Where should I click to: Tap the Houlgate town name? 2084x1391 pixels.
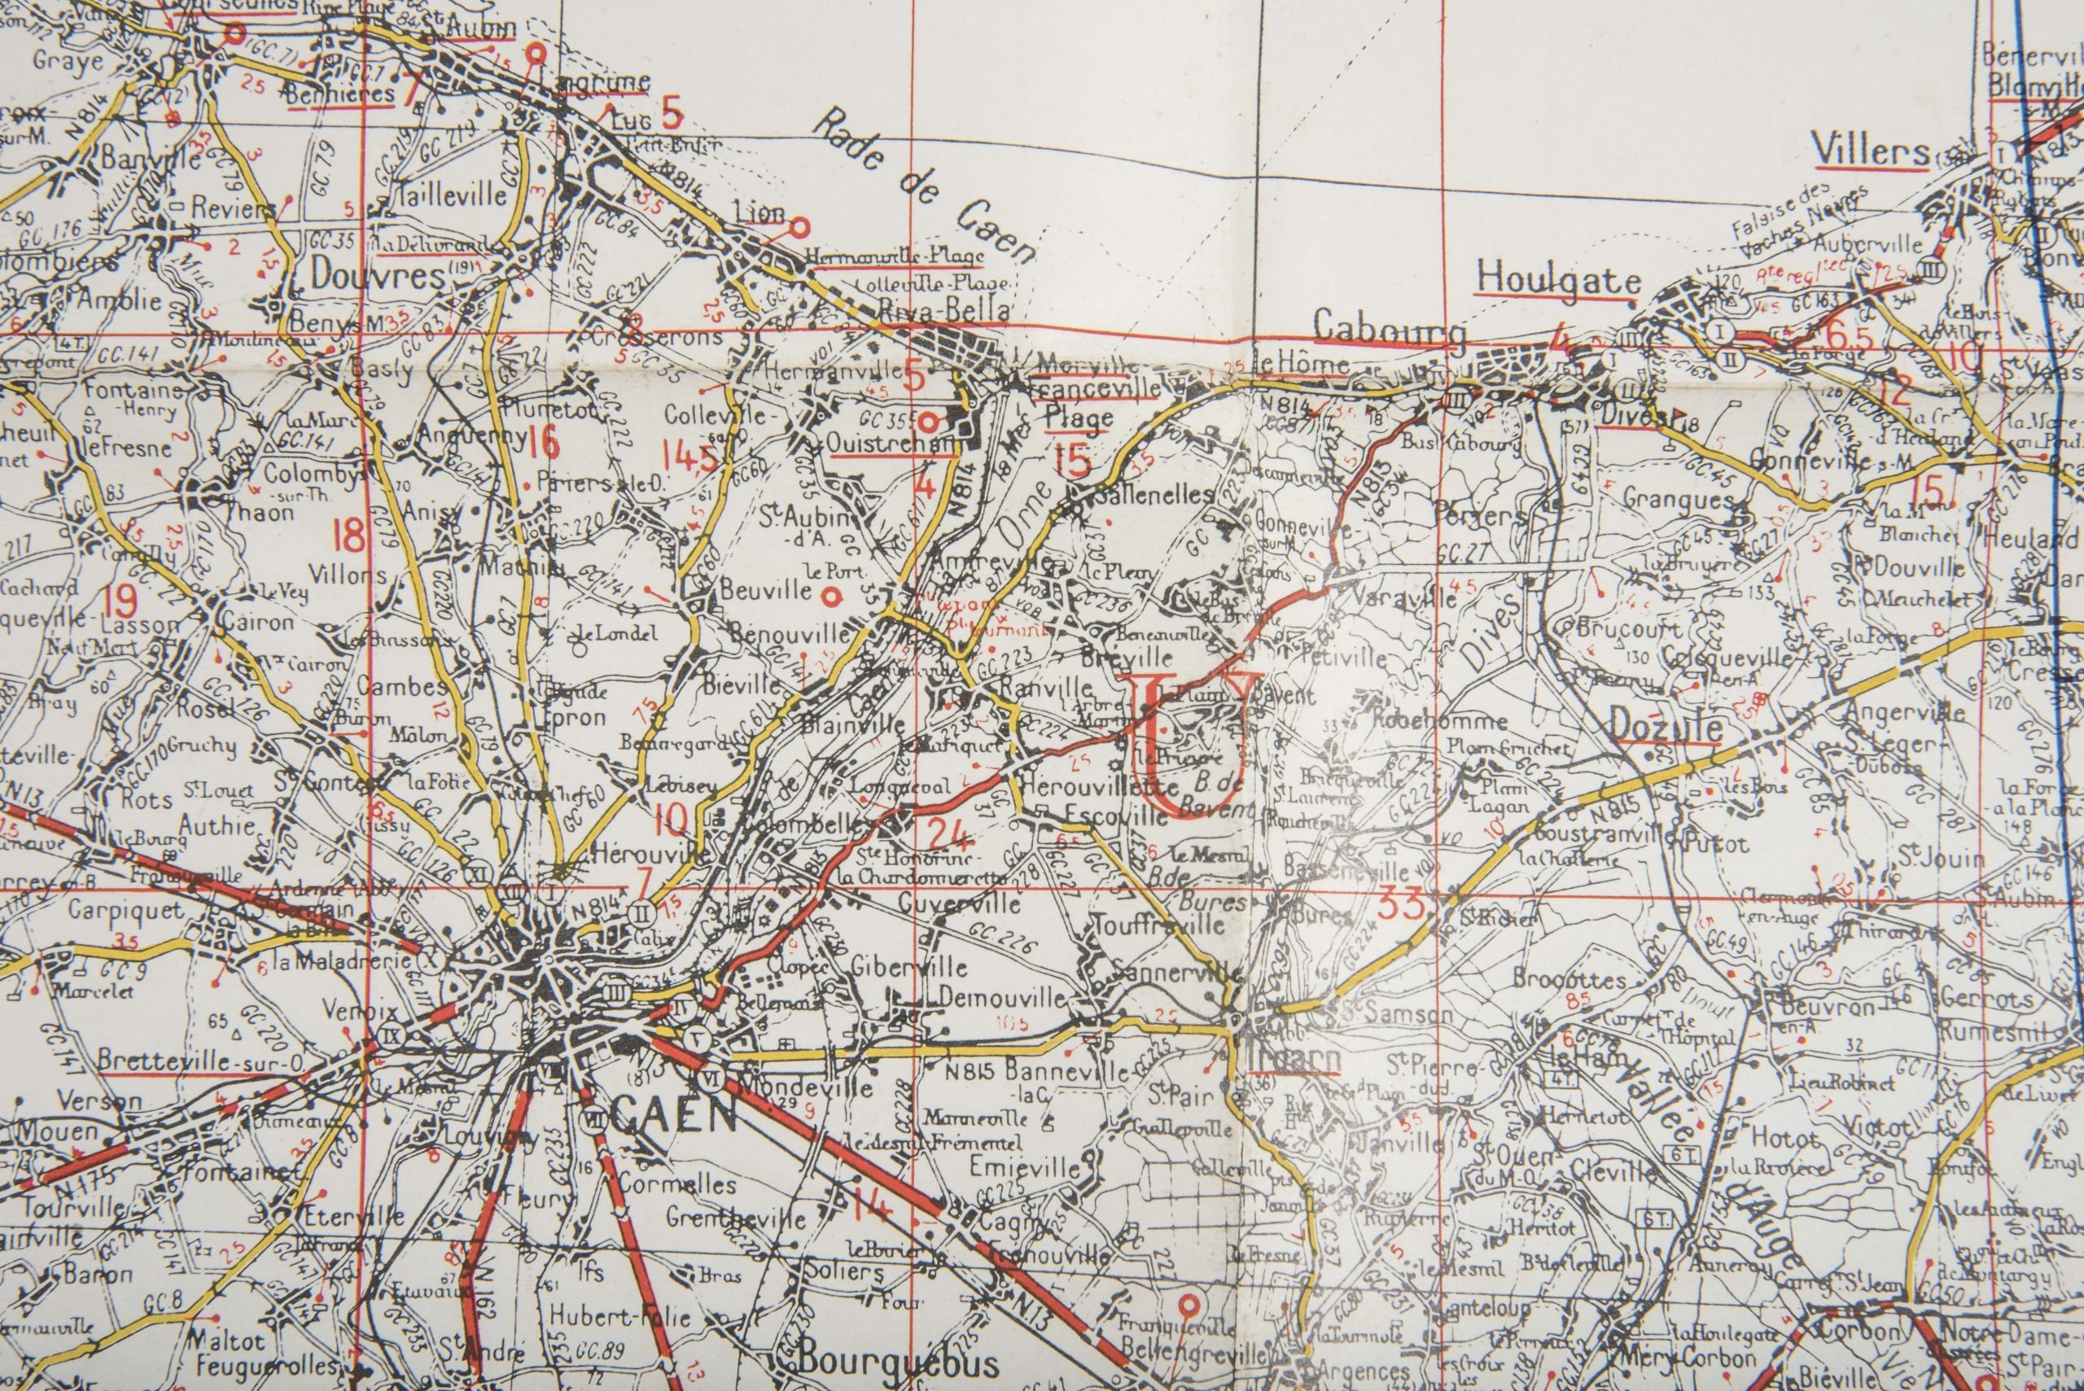1557,280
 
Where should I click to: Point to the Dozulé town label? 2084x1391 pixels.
1666,728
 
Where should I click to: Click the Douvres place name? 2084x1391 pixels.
376,277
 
